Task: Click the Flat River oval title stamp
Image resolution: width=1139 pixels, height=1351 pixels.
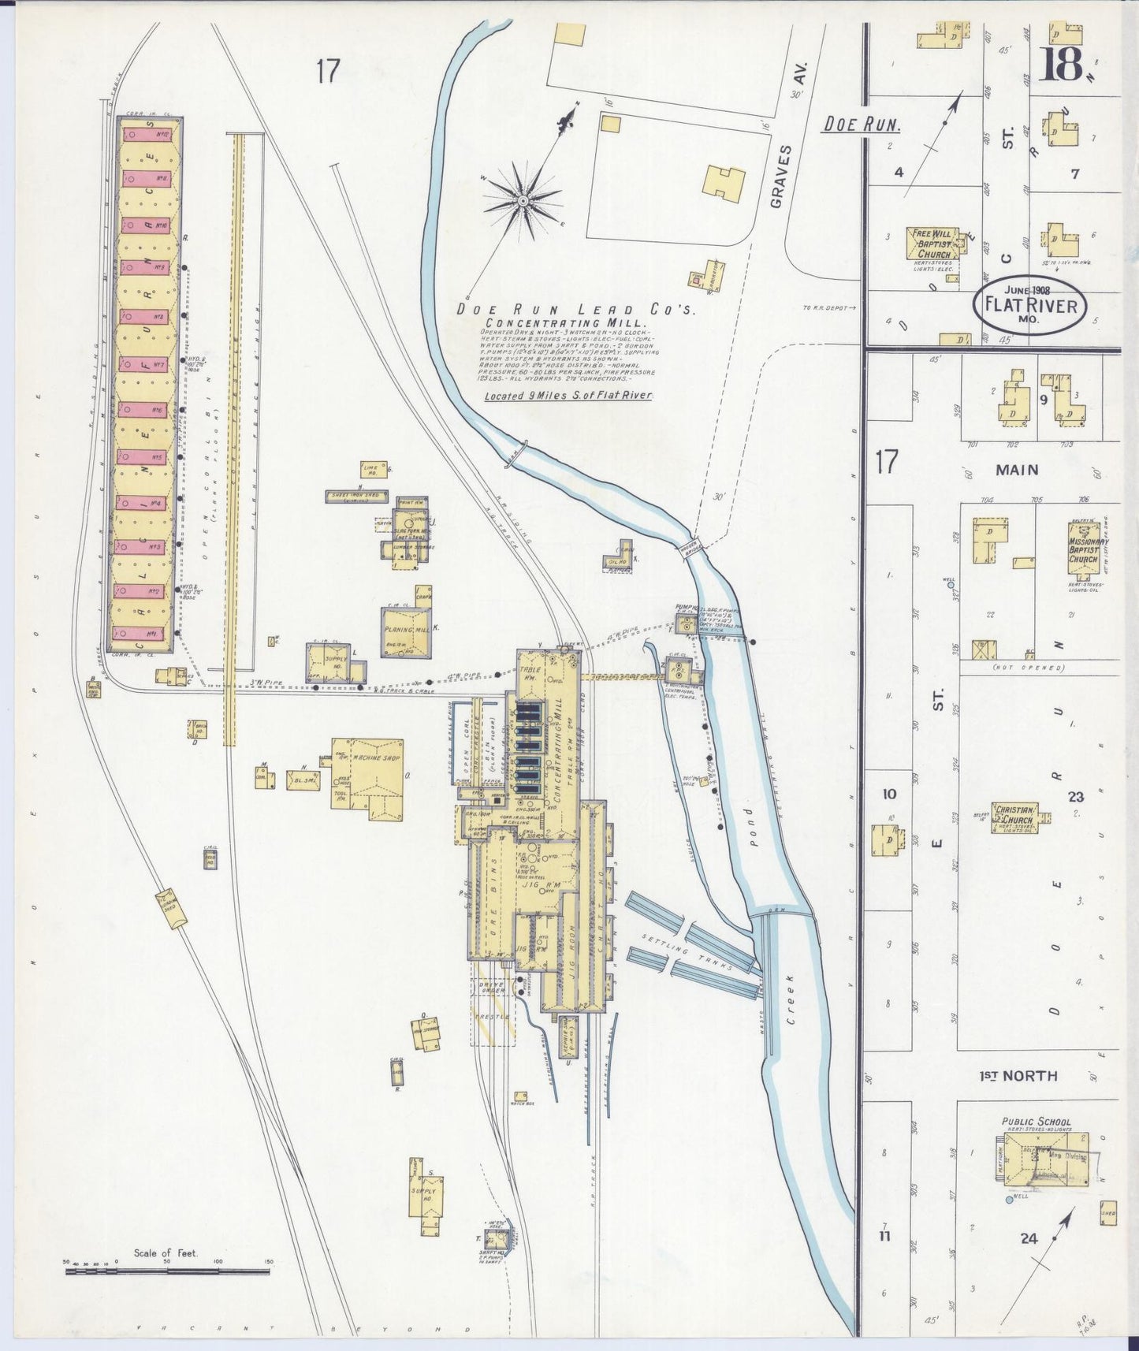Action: tap(1033, 305)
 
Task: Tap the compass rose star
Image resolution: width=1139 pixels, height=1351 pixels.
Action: tap(522, 201)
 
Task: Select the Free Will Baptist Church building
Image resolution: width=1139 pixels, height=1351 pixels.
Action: tap(935, 244)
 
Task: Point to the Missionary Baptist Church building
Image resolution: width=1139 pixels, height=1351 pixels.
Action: tap(1088, 544)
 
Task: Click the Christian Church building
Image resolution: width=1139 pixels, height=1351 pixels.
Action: tap(1015, 818)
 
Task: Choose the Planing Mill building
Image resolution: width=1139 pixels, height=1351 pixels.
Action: tap(407, 631)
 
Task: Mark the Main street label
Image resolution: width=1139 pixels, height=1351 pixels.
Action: tap(1017, 470)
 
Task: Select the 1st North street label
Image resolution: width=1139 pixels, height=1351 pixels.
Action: tap(1018, 1076)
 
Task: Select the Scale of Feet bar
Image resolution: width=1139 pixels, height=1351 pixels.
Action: tap(167, 1271)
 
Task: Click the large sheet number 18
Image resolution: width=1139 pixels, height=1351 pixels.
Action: tap(1060, 65)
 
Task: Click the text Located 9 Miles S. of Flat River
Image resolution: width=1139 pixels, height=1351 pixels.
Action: tap(568, 395)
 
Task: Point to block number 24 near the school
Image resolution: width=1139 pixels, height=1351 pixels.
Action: tap(1028, 1238)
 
